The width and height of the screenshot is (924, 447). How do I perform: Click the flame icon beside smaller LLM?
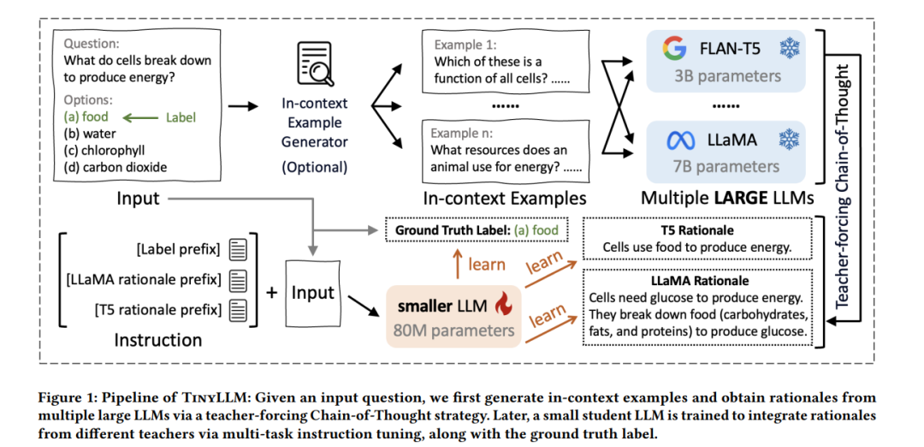[x=505, y=306]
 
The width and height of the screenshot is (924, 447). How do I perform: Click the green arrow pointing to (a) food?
[x=140, y=118]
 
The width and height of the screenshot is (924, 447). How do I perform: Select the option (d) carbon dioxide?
[x=115, y=167]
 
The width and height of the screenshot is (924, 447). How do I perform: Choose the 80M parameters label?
[x=455, y=331]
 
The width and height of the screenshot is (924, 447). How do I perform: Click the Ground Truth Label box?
[x=477, y=230]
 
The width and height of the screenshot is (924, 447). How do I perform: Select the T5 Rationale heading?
[x=697, y=230]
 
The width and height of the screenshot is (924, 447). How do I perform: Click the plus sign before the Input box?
[x=272, y=293]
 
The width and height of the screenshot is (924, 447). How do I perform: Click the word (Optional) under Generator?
[x=315, y=167]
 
